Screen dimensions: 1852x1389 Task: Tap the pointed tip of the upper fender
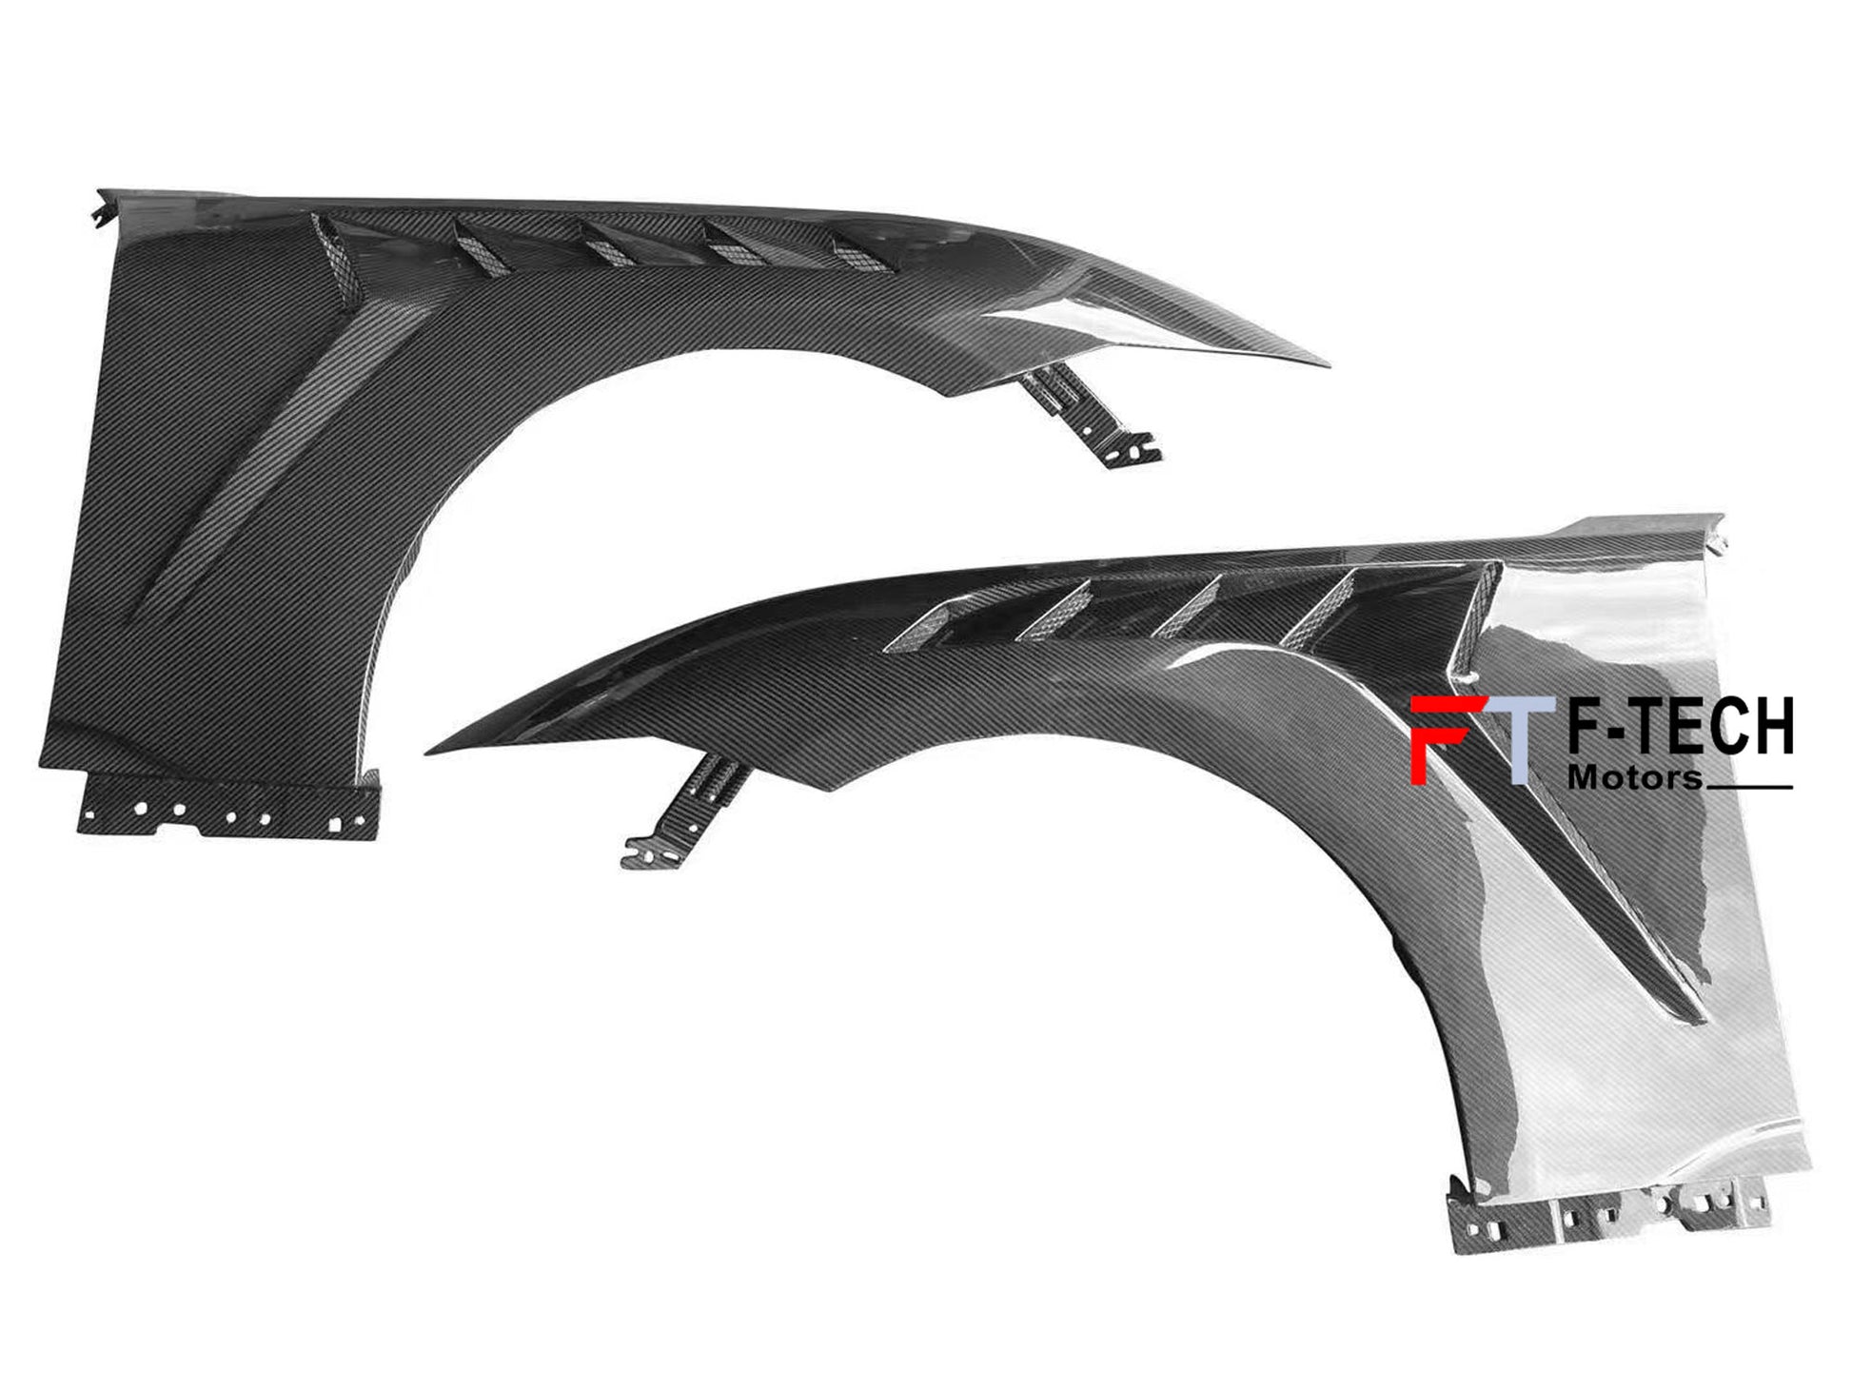[x=1326, y=364]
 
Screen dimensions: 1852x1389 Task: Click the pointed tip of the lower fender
[x=428, y=752]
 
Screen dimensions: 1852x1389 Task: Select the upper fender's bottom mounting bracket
[x=228, y=807]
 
